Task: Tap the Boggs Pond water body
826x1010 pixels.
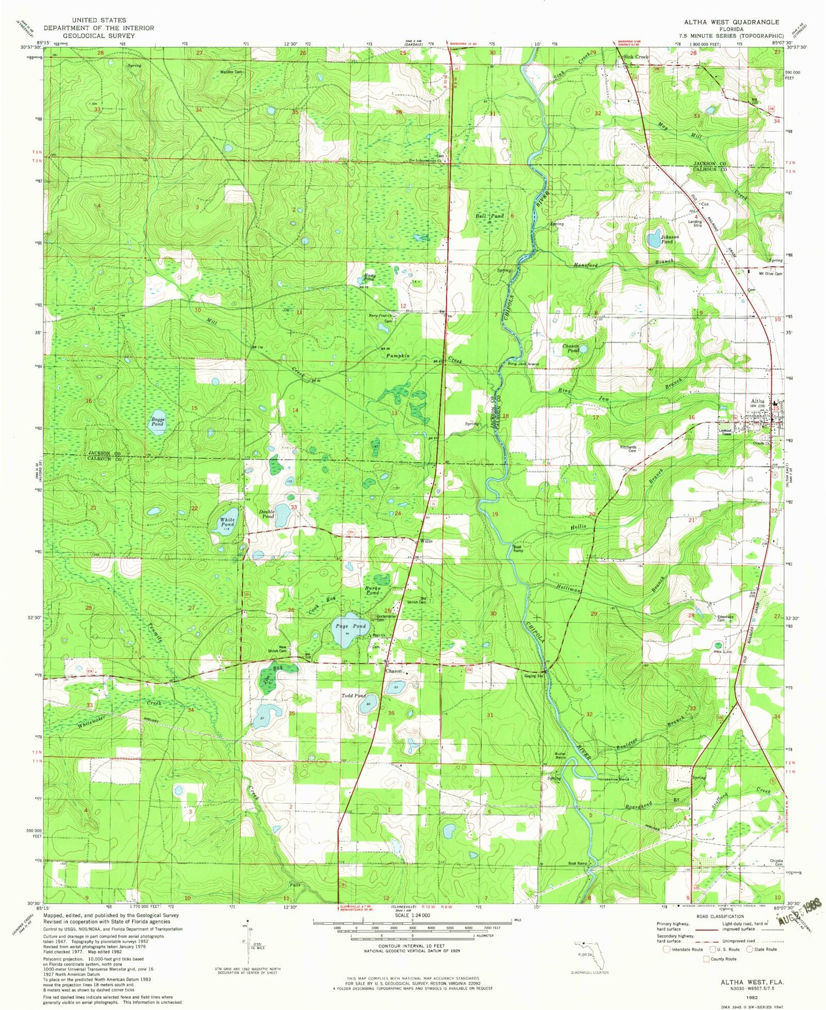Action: (x=157, y=422)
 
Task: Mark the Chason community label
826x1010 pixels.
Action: (x=393, y=672)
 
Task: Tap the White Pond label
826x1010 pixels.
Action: (x=227, y=522)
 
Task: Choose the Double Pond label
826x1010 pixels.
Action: (x=267, y=515)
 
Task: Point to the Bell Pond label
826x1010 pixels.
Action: (x=489, y=217)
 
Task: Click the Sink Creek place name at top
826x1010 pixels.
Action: (x=635, y=57)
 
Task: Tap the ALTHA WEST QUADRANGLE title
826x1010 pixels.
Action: (x=731, y=22)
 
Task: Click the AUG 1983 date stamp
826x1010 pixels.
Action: (x=798, y=914)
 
